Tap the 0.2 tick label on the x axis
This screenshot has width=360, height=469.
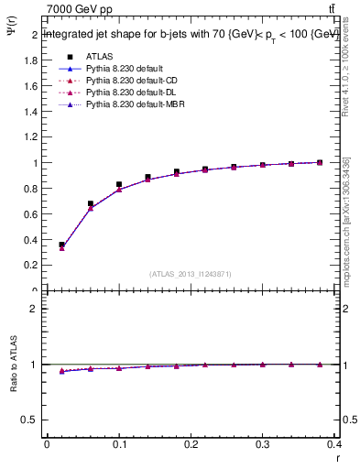pyautogui.click(x=191, y=447)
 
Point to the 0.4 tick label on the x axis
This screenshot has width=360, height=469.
pyautogui.click(x=334, y=447)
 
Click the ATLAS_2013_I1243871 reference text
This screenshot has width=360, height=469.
pyautogui.click(x=191, y=274)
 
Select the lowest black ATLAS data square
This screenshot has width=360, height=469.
pyautogui.click(x=61, y=245)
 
